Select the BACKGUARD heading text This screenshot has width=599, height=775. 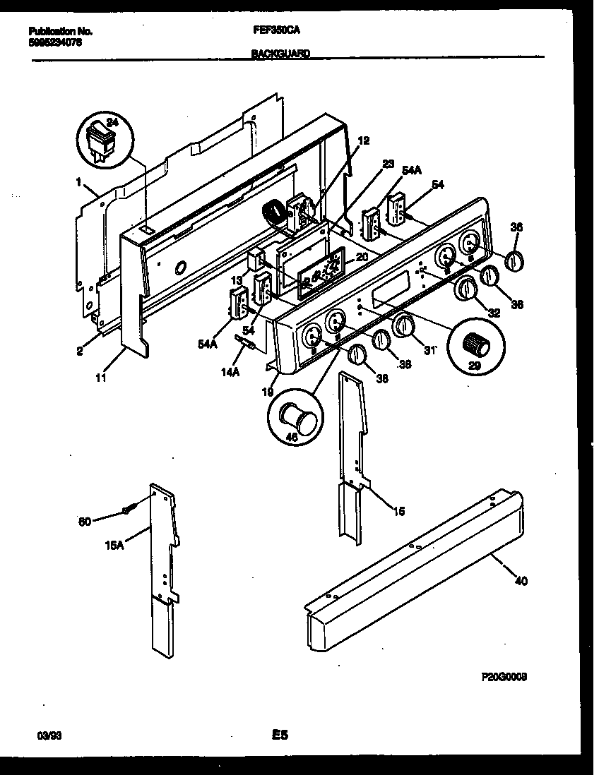tap(280, 53)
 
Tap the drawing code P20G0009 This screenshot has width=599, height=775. tap(504, 675)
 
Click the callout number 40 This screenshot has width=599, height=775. tap(521, 581)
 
